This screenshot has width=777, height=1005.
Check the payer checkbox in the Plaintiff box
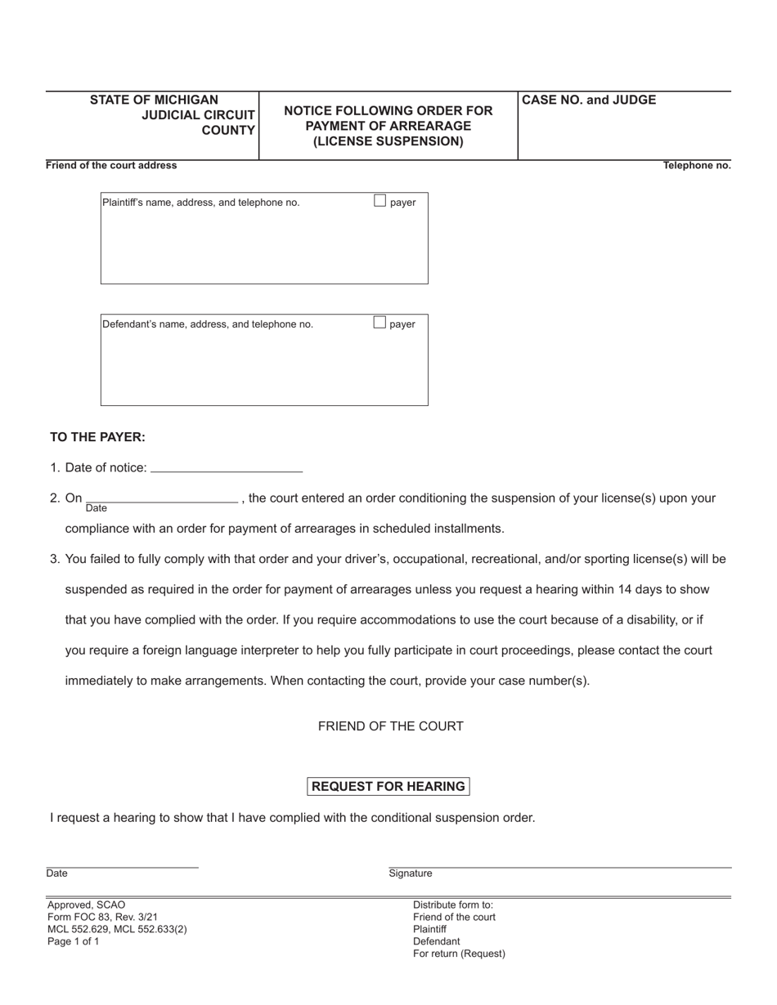coord(380,201)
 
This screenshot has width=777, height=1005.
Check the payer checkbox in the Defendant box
coord(380,323)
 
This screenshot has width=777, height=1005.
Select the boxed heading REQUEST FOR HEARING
coord(388,786)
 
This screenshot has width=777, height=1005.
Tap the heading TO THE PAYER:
coord(97,437)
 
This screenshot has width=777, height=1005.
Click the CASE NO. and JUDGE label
coord(589,100)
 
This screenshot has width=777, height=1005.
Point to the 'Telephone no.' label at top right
coord(697,166)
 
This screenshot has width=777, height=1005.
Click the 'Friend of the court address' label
coord(111,166)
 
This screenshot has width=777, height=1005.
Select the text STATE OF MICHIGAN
coord(154,100)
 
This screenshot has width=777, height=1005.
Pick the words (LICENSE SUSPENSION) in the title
coord(388,141)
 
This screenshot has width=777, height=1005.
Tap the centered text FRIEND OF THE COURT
coord(390,726)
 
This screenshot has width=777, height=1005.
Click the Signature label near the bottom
coord(411,873)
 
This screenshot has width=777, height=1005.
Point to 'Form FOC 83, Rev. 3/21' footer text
coord(102,917)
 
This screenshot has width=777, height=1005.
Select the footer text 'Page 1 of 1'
coord(74,941)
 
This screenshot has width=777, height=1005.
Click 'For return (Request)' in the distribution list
coord(459,954)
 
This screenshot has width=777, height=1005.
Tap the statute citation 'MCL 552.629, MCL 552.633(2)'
coord(117,929)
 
